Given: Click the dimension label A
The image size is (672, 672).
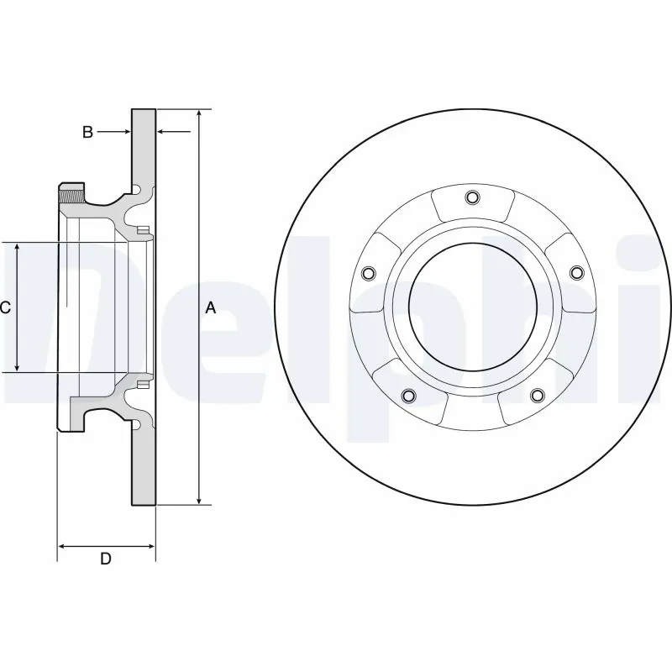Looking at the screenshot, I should click(211, 308).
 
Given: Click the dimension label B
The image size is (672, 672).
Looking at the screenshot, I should click(87, 132).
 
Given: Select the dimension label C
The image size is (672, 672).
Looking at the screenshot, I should click(5, 308).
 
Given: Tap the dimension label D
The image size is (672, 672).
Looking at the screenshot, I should click(106, 559).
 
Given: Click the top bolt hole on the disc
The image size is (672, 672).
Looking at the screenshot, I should click(471, 198).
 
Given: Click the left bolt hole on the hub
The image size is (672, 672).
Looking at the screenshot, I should click(367, 273).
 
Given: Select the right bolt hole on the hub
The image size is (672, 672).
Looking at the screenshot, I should click(576, 273).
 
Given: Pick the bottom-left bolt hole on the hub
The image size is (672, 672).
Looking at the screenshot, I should click(408, 396).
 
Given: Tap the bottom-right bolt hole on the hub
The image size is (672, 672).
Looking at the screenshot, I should click(536, 396).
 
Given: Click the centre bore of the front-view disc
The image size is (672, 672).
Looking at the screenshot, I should click(472, 307).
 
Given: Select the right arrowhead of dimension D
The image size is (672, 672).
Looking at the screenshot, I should click(151, 546).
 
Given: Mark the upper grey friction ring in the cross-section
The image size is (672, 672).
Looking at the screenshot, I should click(144, 147).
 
